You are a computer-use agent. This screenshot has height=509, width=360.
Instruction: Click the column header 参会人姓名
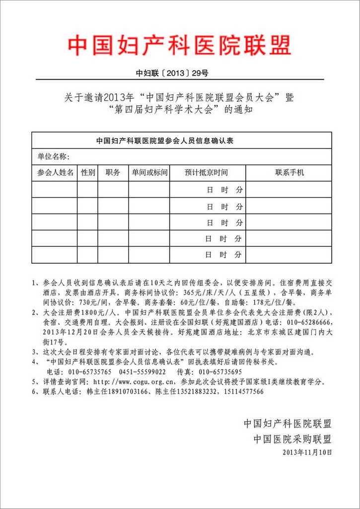55,172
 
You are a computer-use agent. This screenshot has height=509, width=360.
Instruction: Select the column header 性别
88,172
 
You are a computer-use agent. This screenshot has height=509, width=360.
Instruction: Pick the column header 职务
113,172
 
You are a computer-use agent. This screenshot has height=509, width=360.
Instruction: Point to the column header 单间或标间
149,172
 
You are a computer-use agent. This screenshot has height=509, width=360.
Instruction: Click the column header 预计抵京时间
206,172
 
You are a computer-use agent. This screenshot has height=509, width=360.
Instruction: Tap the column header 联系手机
289,172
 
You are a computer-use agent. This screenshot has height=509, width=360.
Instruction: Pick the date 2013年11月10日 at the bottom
306,452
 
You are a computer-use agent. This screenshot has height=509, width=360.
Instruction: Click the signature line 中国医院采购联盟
292,439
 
